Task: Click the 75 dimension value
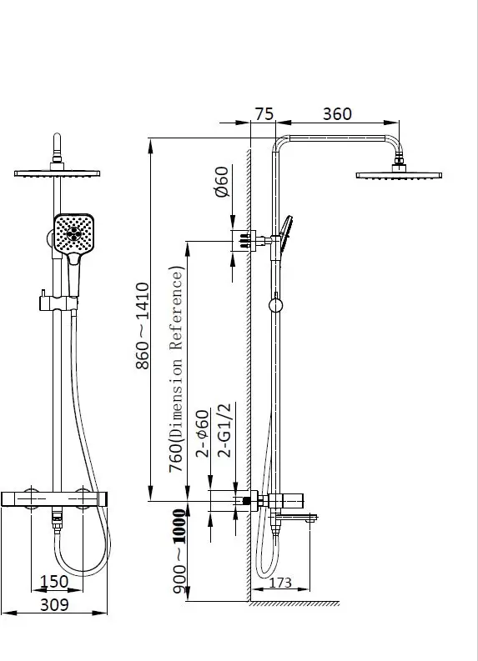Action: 264,114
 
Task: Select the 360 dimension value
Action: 337,114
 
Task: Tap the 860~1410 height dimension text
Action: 143,326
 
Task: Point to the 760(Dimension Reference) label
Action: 176,369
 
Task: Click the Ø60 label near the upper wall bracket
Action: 222,182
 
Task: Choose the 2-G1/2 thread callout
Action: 224,430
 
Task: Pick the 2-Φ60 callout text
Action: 203,433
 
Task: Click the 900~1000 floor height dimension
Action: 179,551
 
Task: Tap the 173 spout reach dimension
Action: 280,582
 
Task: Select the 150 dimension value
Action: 54,581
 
